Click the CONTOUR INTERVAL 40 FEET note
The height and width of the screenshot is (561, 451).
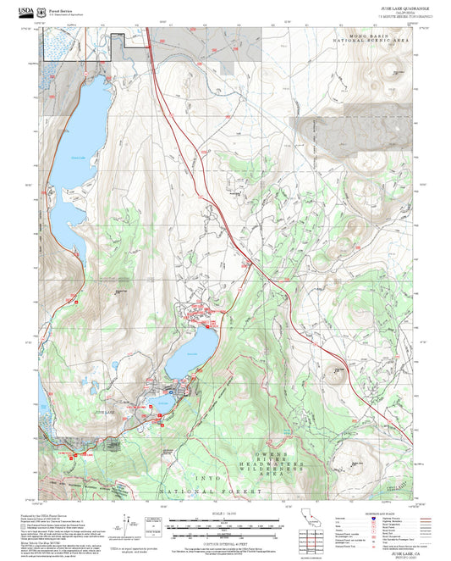tap(224, 540)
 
